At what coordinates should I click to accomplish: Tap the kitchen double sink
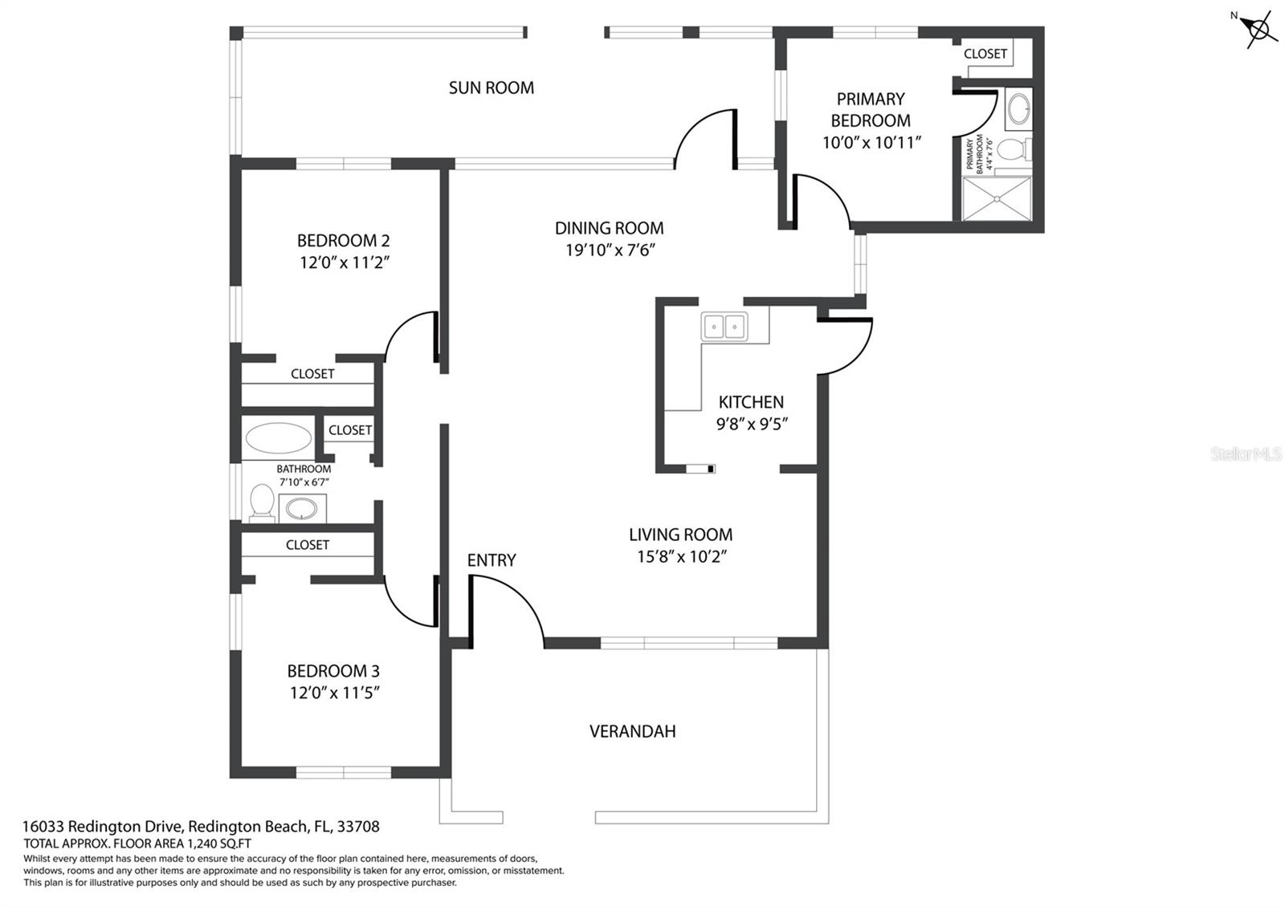[724, 327]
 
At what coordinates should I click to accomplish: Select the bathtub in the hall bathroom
[279, 439]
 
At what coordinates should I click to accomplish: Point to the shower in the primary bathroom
[997, 197]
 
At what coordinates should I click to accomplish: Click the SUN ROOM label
[491, 87]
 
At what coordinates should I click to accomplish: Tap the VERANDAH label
[632, 731]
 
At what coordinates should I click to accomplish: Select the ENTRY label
[491, 560]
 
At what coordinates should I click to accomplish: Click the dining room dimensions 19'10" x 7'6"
[610, 250]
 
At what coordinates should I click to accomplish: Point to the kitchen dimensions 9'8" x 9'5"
[752, 424]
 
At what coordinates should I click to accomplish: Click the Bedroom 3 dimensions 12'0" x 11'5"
[334, 693]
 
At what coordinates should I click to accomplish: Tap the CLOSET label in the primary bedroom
[985, 54]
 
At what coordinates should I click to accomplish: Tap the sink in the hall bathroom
[303, 508]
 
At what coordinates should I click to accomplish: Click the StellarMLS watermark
[1246, 454]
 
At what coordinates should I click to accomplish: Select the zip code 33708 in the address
[358, 826]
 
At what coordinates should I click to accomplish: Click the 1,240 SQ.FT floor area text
[219, 844]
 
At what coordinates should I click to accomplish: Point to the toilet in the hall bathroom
[262, 502]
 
